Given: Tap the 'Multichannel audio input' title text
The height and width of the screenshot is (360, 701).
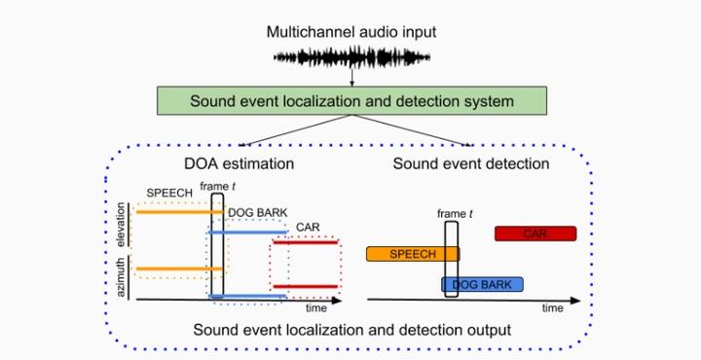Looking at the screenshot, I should pos(351,32).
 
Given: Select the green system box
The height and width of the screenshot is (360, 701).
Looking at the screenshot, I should pos(351,101).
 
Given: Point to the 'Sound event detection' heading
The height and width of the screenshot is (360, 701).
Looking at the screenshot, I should pos(471,163).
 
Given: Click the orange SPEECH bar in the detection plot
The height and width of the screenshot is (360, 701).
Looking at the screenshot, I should pos(412,254).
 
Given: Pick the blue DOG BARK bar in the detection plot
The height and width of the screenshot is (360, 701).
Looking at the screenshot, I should pos(482,284).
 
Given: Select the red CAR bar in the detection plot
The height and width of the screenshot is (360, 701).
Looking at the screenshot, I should pos(535,234).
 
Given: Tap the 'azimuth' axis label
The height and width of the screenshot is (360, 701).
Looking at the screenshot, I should pos(122,277).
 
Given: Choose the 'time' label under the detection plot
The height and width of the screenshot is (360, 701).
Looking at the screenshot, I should pos(553,307).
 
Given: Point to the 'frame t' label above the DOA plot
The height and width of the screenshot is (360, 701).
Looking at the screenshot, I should pos(218,185).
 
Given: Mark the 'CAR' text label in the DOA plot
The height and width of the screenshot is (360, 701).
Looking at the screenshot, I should pos(308,230).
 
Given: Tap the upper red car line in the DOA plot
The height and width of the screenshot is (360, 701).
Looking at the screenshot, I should pos(306,242).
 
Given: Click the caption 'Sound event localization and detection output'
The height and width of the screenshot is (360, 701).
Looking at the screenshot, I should pos(351,330).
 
